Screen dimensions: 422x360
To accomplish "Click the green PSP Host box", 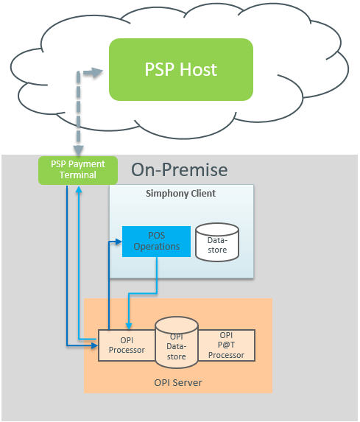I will [x=180, y=69].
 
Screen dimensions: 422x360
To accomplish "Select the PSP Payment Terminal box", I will [x=77, y=169].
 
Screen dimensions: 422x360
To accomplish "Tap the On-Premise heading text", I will [x=179, y=170].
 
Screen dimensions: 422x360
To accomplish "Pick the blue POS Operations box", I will [x=156, y=241].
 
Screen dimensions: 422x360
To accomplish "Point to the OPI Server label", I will [x=177, y=382].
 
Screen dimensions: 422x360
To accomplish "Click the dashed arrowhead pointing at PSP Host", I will [x=96, y=72].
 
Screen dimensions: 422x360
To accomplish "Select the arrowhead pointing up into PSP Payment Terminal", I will [x=79, y=188].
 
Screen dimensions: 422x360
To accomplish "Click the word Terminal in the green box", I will [x=77, y=175].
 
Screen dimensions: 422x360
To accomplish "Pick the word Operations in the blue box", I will [x=156, y=246].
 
